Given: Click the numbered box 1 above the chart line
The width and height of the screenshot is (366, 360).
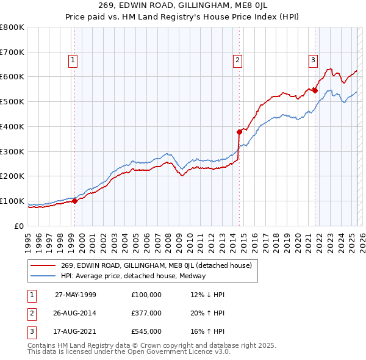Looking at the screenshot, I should (x=73, y=60).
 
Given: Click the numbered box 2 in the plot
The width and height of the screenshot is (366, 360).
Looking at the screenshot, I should (x=237, y=60).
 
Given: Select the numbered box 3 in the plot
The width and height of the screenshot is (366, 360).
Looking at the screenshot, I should (x=312, y=60).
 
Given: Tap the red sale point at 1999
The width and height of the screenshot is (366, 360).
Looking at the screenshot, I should (x=75, y=200).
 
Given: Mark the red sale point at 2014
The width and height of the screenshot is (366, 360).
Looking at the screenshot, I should (x=240, y=131).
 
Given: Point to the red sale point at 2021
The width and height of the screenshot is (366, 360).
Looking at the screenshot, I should (x=315, y=90).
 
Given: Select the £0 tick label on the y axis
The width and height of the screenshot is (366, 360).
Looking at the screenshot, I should (x=19, y=226).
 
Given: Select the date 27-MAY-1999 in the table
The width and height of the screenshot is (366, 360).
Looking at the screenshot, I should (x=75, y=295).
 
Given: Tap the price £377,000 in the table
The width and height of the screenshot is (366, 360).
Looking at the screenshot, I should (x=146, y=313).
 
